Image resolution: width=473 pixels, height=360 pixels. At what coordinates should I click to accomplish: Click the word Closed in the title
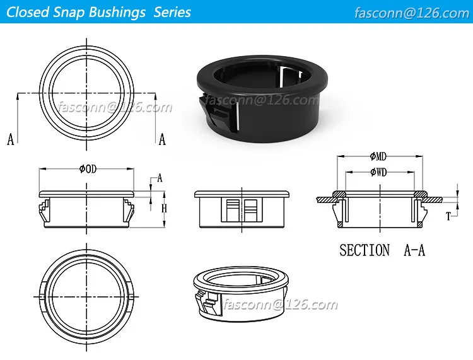click(28, 12)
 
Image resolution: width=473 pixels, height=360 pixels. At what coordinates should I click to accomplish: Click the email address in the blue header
click(412, 13)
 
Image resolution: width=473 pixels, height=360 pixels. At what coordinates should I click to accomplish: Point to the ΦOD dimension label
click(88, 168)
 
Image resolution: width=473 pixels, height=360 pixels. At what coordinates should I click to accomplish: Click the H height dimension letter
click(163, 208)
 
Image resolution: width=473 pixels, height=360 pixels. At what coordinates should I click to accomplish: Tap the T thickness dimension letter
click(448, 216)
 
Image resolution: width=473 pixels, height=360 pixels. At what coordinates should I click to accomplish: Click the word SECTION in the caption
click(365, 250)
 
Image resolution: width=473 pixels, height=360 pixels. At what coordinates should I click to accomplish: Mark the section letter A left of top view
click(10, 140)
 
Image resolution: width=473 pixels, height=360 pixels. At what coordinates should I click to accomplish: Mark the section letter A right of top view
click(162, 140)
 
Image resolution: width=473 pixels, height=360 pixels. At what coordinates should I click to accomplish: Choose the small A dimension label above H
click(160, 178)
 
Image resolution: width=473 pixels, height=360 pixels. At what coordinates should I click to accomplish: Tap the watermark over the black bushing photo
click(259, 100)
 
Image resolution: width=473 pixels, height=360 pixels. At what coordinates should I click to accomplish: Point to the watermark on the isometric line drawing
click(281, 305)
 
